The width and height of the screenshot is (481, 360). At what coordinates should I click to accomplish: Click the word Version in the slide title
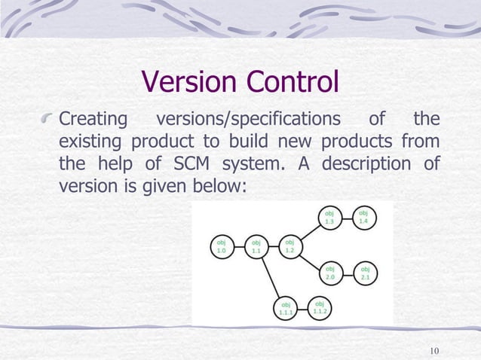188,82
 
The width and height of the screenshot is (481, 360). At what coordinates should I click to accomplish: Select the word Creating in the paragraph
93,121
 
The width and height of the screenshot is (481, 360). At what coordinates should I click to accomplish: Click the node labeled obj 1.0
221,248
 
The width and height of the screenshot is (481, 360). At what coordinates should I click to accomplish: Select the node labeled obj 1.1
256,248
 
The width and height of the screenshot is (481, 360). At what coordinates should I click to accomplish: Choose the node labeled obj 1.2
290,246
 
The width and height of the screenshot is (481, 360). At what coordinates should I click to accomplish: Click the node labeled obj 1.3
329,218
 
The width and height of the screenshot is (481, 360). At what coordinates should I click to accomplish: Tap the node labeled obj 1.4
363,217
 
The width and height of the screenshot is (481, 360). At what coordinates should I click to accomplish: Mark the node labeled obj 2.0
330,273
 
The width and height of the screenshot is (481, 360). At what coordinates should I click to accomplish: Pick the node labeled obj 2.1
365,273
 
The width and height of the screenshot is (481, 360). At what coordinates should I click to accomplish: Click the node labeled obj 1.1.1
286,307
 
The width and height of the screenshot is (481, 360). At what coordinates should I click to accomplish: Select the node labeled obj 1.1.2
320,307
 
